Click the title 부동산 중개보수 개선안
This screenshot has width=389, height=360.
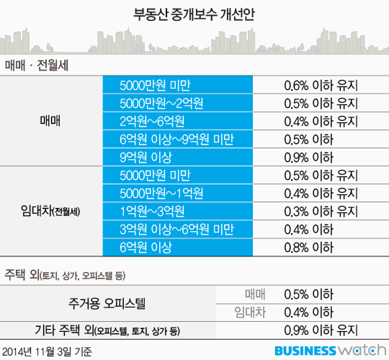pos(194,14)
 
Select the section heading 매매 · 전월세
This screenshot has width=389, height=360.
pos(37,66)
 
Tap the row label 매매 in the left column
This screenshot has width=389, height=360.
pos(50,121)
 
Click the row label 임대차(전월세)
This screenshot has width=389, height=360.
pos(50,211)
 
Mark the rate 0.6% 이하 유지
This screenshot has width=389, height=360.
pos(321,86)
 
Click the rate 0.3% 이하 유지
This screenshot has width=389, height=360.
pos(321,212)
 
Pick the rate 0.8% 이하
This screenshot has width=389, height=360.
pos(309,248)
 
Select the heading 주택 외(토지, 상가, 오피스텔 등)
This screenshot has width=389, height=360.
pos(65,275)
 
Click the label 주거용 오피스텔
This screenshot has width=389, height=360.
pos(107,303)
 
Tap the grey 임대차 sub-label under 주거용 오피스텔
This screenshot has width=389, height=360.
pos(250,312)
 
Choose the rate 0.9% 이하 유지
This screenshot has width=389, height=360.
pos(321,330)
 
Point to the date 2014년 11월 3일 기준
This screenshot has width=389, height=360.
pos(47,351)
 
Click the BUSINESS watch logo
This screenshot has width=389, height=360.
pos(331,351)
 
